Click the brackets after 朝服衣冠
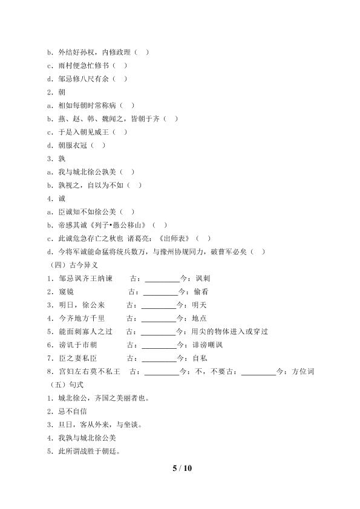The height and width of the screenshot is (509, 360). [99, 145]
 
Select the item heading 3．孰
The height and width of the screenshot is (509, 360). [57, 158]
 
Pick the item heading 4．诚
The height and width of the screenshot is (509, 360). [57, 198]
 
